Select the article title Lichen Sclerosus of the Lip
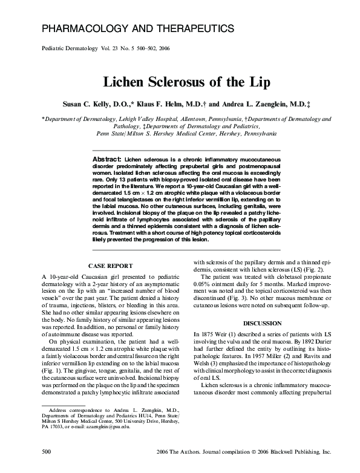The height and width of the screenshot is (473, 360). (x=180, y=82)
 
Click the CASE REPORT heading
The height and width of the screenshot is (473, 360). (x=111, y=266)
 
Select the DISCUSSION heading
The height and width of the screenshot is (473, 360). (x=262, y=323)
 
